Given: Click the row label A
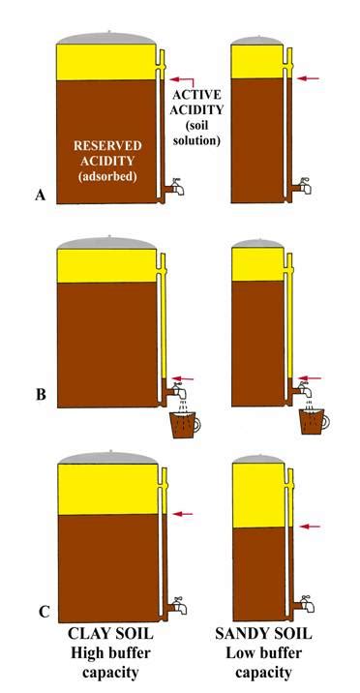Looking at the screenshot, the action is pos(40,196).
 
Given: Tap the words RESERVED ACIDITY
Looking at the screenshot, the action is pos(107,153).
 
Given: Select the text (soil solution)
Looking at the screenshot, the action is pos(199,134).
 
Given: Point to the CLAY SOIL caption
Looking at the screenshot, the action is pos(105,635).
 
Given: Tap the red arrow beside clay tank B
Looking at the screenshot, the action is pos(184,379).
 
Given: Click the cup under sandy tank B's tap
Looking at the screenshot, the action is pos(313,423).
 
